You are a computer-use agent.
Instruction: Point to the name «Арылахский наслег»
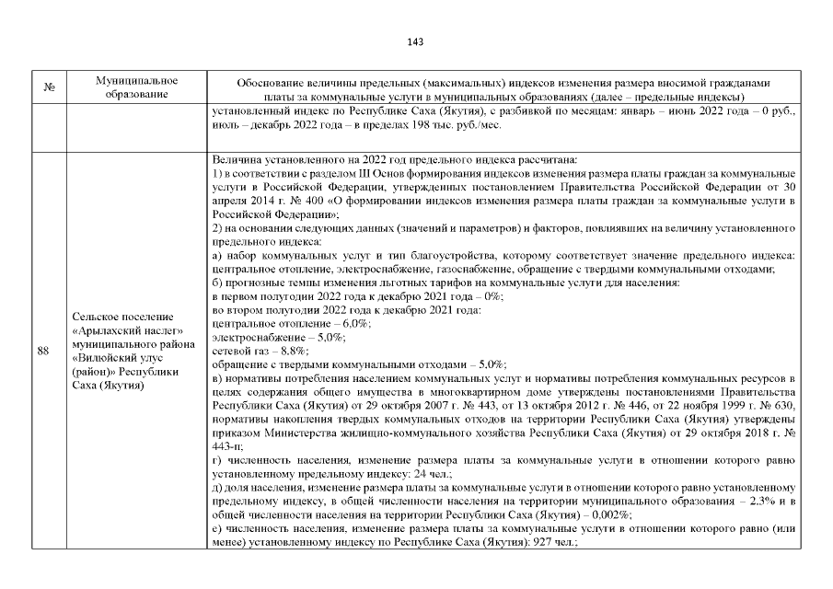click(x=126, y=330)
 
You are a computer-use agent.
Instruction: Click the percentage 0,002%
click(x=608, y=516)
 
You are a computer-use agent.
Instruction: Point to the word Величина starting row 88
click(x=237, y=158)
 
